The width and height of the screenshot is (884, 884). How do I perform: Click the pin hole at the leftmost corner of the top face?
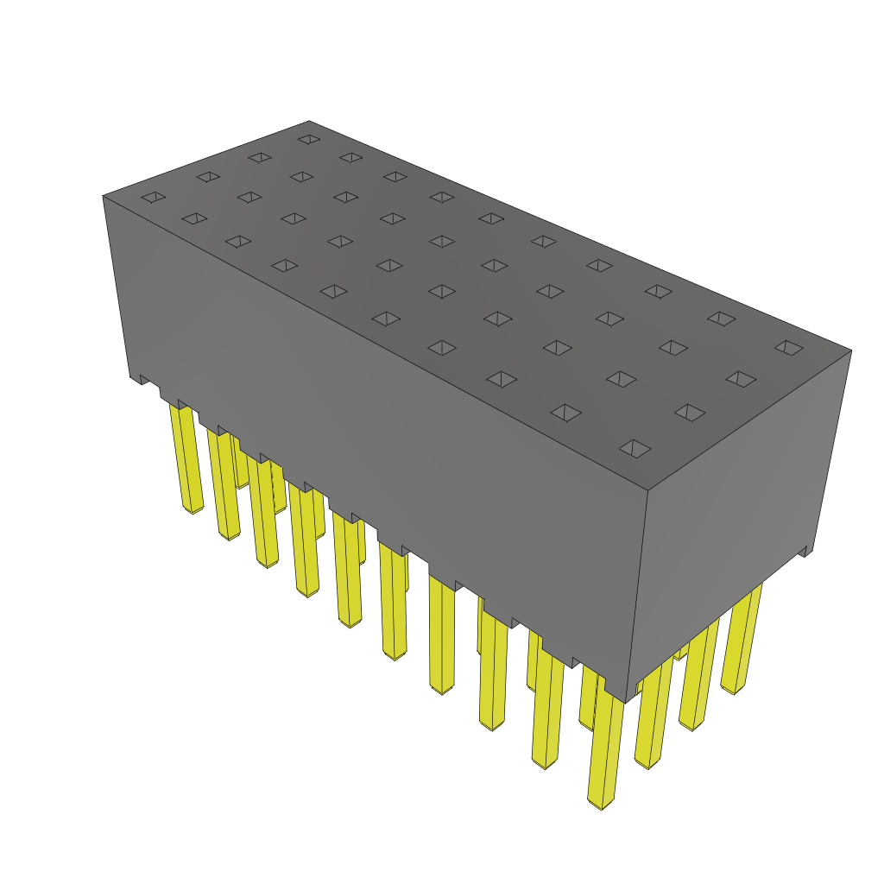pyautogui.click(x=153, y=198)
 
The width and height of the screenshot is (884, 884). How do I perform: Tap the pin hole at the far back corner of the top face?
pyautogui.click(x=308, y=138)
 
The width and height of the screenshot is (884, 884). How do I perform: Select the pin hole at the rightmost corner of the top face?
pyautogui.click(x=788, y=347)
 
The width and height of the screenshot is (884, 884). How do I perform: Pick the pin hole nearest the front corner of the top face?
pyautogui.click(x=635, y=448)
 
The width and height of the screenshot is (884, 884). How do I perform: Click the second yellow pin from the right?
pyautogui.click(x=698, y=678)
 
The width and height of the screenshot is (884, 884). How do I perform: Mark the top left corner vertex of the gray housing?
pyautogui.click(x=103, y=196)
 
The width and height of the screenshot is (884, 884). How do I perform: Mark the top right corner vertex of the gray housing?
pyautogui.click(x=851, y=350)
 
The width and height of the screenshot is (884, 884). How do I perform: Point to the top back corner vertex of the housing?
pyautogui.click(x=309, y=121)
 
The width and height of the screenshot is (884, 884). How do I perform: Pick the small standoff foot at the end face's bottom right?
pyautogui.click(x=805, y=551)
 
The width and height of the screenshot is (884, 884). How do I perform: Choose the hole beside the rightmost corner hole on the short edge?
pyautogui.click(x=740, y=378)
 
